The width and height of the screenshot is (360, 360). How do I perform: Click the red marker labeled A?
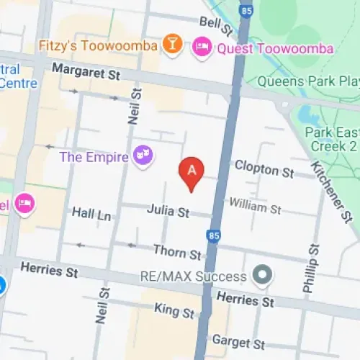tap(192, 171)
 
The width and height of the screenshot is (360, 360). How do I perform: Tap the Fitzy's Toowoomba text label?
tap(99, 47)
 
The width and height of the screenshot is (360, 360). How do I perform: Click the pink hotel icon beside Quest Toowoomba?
tap(202, 49)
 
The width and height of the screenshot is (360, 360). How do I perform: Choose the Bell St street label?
tap(217, 26)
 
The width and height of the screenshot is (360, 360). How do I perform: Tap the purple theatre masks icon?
tap(143, 156)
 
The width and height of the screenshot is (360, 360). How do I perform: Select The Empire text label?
tap(94, 156)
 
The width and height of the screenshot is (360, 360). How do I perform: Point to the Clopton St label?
tap(264, 170)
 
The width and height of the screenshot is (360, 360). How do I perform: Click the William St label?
tap(254, 208)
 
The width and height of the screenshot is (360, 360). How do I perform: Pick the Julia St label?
tap(167, 212)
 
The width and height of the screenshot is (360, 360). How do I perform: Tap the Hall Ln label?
tap(91, 214)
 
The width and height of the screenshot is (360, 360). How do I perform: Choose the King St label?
tap(174, 311)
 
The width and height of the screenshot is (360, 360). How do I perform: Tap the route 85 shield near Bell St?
tap(246, 10)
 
